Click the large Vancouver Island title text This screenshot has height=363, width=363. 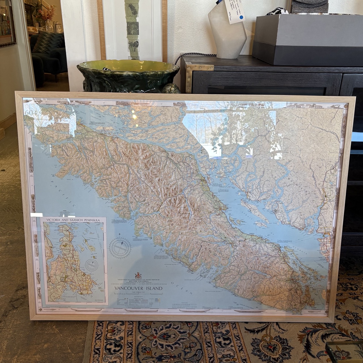point(138,288)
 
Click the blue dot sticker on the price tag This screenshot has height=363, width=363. point(241,18)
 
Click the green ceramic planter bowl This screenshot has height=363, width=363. point(128,75)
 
